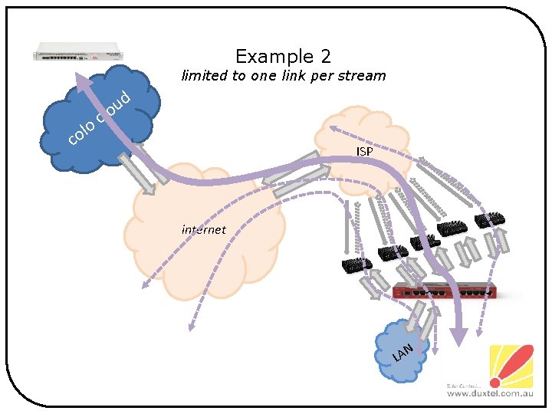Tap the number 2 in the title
326,56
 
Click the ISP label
365,152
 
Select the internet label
204,229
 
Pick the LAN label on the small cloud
403,352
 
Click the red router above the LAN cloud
445,292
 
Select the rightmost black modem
489,219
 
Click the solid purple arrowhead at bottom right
458,335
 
